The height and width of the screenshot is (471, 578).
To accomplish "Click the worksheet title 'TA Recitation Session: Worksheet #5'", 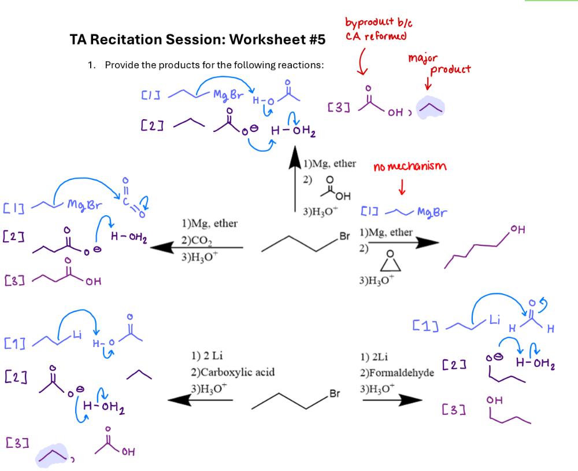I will click(197, 40).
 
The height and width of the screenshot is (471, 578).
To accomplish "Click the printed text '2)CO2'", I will click(197, 241).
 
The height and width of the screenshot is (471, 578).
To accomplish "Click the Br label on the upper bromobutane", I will click(345, 237).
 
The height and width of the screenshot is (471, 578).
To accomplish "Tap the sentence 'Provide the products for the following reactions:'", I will click(214, 65).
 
